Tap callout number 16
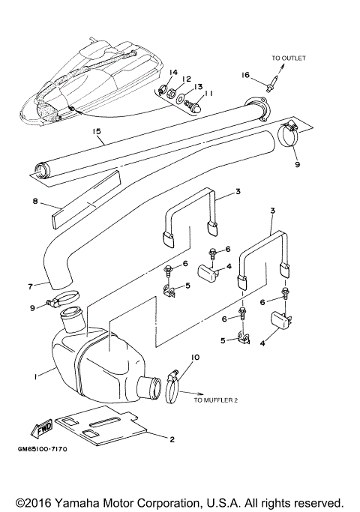coord(244,76)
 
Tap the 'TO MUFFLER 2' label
coord(215,400)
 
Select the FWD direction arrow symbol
coord(40,427)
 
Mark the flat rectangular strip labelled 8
coord(84,195)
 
